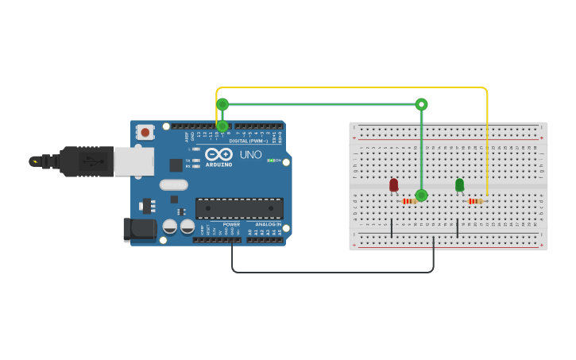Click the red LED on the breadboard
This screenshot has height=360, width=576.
(x=393, y=185)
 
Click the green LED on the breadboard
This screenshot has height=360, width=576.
(x=459, y=185)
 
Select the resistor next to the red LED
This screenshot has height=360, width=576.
(x=409, y=201)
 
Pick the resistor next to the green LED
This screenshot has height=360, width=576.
(x=475, y=201)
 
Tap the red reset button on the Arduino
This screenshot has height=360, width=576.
(x=145, y=132)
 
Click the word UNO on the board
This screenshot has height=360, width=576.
(x=251, y=155)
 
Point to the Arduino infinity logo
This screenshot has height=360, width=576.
(x=218, y=154)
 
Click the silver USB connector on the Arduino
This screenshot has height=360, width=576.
(x=133, y=161)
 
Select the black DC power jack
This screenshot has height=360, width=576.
(x=140, y=230)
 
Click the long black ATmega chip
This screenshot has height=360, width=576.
(x=239, y=208)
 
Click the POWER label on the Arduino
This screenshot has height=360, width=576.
(x=231, y=225)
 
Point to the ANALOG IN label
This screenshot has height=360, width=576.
(x=268, y=225)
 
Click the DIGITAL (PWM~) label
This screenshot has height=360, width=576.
(x=249, y=141)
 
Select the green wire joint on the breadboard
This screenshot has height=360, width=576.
(x=421, y=195)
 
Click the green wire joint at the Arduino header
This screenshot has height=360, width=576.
(x=222, y=126)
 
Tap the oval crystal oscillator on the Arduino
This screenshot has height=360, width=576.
(x=173, y=185)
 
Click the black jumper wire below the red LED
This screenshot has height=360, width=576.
(x=392, y=227)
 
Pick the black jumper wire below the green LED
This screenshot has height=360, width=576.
(x=458, y=227)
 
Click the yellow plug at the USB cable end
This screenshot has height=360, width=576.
(x=35, y=161)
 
